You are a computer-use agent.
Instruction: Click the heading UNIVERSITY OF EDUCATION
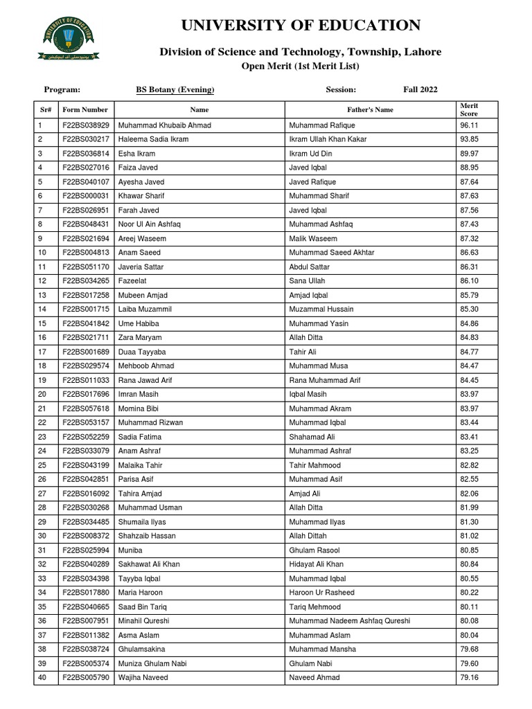coord(300,26)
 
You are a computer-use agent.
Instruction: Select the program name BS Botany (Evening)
coord(175,90)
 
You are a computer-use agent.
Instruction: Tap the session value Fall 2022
coord(420,90)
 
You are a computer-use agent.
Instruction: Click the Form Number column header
coord(85,109)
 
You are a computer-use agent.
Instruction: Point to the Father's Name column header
coord(370,109)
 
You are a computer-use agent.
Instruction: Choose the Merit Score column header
coord(469,109)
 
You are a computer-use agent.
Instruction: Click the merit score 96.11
coord(469,125)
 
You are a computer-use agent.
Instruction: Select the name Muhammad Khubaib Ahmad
coord(165,125)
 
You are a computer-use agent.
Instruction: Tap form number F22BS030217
coord(86,139)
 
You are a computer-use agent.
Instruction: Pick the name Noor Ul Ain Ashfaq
coord(150,224)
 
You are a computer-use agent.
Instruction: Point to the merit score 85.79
coord(469,295)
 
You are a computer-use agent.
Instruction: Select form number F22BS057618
coord(86,409)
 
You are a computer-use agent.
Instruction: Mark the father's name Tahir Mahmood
coord(315,465)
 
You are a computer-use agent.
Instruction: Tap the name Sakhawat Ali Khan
coord(149,564)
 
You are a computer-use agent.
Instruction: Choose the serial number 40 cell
coord(42,678)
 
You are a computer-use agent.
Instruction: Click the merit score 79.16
coord(469,678)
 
